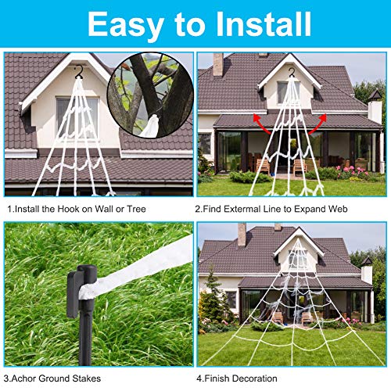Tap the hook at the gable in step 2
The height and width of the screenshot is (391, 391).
tap(290, 73)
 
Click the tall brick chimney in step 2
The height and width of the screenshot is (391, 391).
tap(217, 65)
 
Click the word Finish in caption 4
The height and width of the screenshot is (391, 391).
tap(237, 378)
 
